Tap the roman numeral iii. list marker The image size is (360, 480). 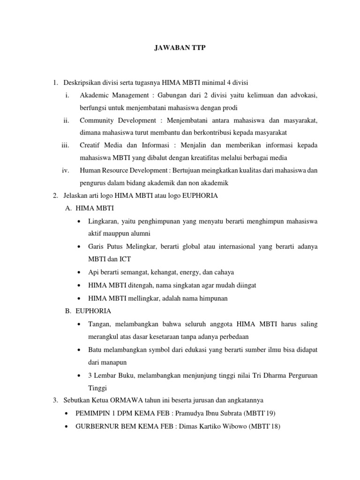point(66,145)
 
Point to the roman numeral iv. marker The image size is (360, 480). point(66,170)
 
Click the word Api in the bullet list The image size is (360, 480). point(93,272)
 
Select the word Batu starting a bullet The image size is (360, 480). point(96,350)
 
